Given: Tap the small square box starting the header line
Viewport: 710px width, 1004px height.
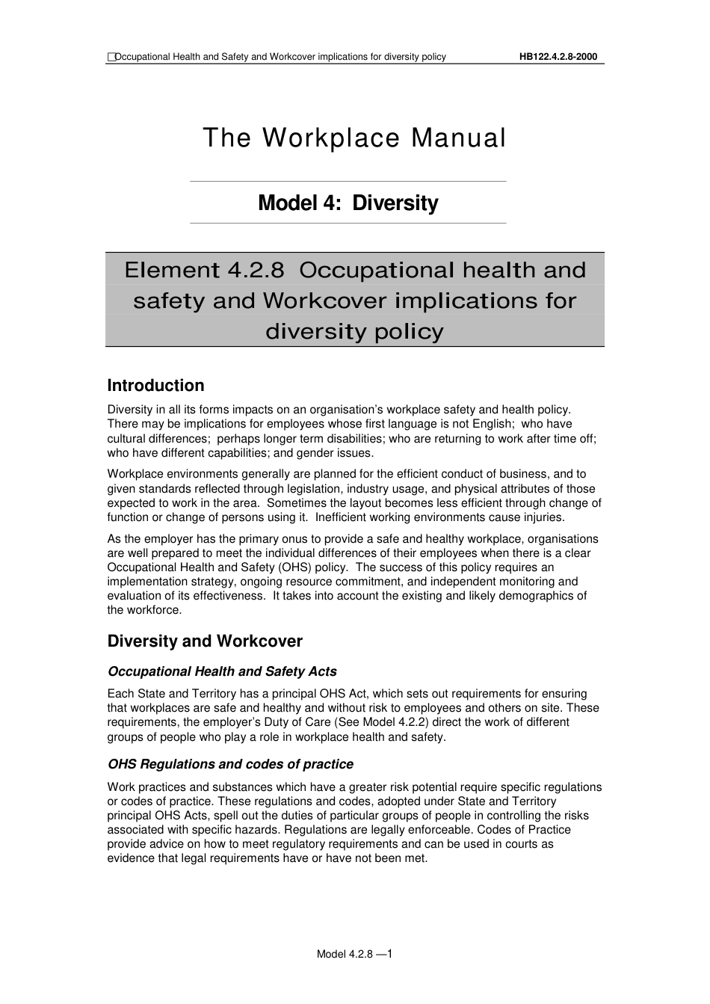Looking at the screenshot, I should pyautogui.click(x=111, y=57).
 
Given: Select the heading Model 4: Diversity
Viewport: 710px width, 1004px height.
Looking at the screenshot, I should pyautogui.click(x=348, y=203).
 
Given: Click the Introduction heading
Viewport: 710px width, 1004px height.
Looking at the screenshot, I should pyautogui.click(x=155, y=386).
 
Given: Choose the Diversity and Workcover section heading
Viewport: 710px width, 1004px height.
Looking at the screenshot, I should pyautogui.click(x=205, y=641).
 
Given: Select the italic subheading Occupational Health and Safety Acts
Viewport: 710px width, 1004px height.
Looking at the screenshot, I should pyautogui.click(x=222, y=671).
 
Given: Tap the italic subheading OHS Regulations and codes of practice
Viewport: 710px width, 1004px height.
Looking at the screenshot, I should pyautogui.click(x=230, y=764).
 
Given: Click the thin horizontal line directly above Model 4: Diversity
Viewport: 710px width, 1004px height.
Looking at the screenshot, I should pyautogui.click(x=348, y=181).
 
